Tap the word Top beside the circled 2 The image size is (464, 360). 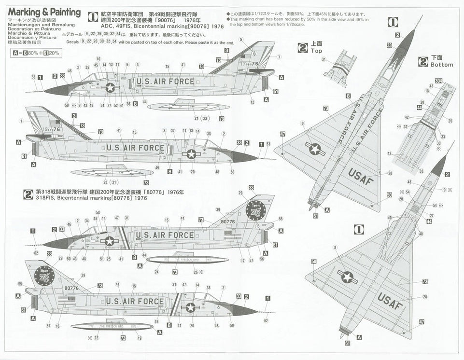[x=316, y=50]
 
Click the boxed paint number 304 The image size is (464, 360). [x=438, y=80]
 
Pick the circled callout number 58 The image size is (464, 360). [x=98, y=212]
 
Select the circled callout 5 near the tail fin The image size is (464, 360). [x=241, y=39]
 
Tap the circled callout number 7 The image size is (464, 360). [x=279, y=57]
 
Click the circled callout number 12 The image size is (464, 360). [x=253, y=102]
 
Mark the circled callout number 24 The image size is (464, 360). [x=156, y=272]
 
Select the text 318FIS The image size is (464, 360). [x=44, y=198]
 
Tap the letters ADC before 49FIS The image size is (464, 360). [x=94, y=27]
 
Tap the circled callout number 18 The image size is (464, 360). [x=427, y=90]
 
